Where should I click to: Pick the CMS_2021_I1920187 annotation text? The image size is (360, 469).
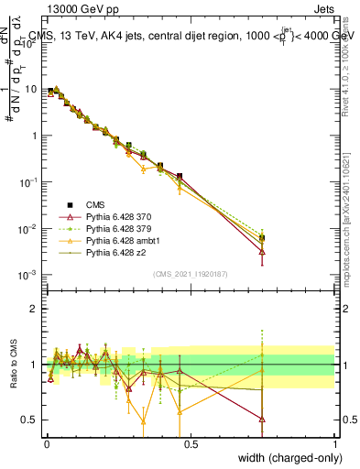tap(191, 273)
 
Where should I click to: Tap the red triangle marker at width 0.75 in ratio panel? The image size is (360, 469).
tap(263, 420)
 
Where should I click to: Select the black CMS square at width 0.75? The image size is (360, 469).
tap(263, 238)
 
